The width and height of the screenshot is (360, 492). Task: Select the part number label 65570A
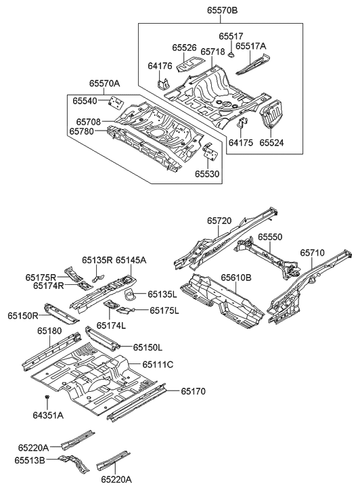pyautogui.click(x=104, y=83)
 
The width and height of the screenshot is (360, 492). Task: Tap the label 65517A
pyautogui.click(x=252, y=47)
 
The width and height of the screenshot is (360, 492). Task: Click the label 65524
pyautogui.click(x=269, y=143)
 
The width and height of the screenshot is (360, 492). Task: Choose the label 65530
pyautogui.click(x=208, y=173)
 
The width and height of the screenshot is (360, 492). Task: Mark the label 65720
pyautogui.click(x=220, y=221)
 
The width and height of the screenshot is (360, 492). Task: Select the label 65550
pyautogui.click(x=271, y=238)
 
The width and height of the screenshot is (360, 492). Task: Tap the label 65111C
pyautogui.click(x=158, y=364)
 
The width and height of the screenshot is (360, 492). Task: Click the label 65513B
pyautogui.click(x=31, y=460)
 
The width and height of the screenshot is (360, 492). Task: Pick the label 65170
pyautogui.click(x=193, y=391)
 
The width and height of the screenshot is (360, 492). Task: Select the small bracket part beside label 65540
pyautogui.click(x=115, y=102)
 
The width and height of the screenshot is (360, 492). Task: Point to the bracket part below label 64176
pyautogui.click(x=162, y=85)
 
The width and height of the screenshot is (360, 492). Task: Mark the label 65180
pyautogui.click(x=49, y=331)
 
